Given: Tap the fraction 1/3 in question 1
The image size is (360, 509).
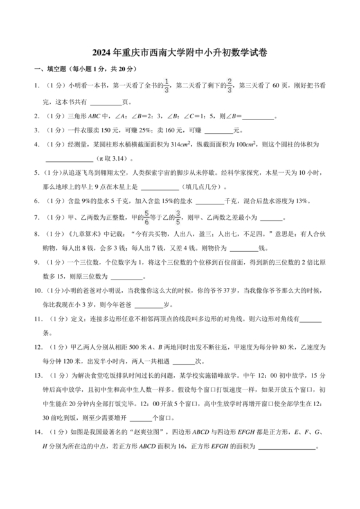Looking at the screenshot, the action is (x=167, y=85).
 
